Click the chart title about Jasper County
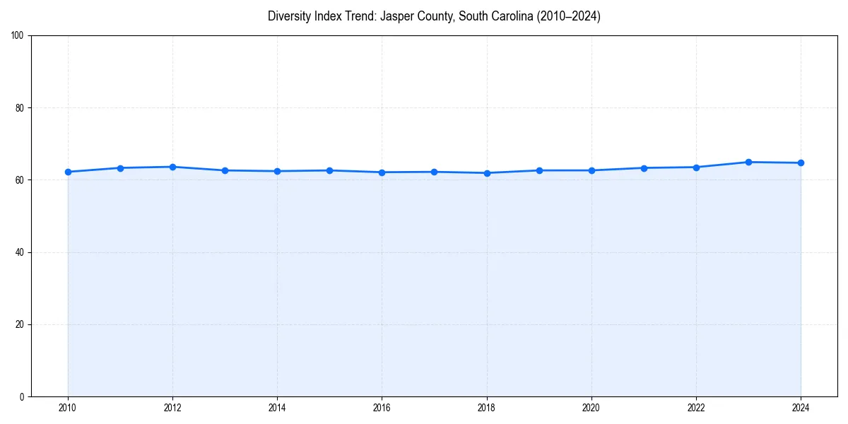click(434, 16)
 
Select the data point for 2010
click(68, 172)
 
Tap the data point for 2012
click(172, 167)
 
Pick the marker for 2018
click(487, 173)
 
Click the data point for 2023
click(748, 162)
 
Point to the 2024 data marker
click(801, 163)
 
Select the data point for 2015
click(329, 170)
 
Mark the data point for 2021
click(644, 168)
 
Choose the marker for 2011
click(120, 168)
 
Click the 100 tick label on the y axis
click(18, 36)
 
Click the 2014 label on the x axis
click(277, 408)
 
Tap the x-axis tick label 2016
click(382, 408)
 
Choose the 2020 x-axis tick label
click(591, 408)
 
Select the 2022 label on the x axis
click(696, 408)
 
